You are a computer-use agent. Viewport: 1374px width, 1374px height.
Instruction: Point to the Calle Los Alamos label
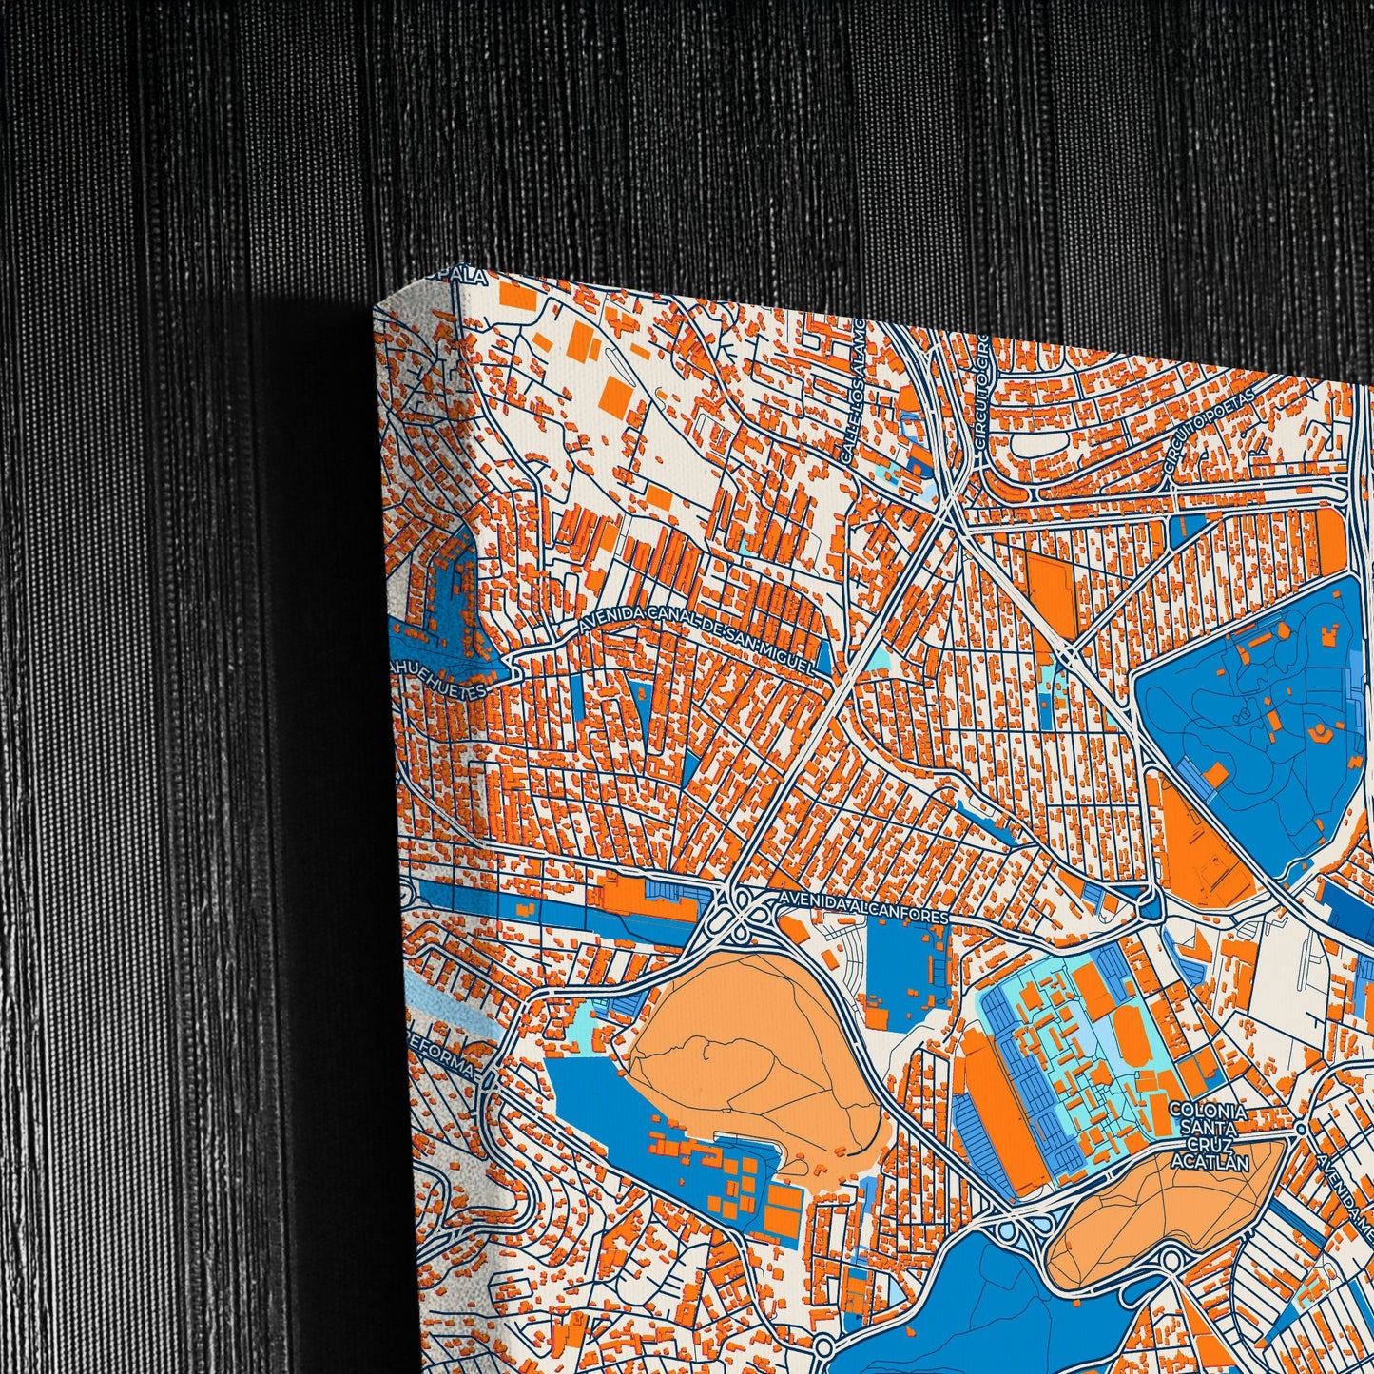(853, 392)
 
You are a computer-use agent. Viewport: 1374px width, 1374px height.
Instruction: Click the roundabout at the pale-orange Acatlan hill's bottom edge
(1171, 1260)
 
